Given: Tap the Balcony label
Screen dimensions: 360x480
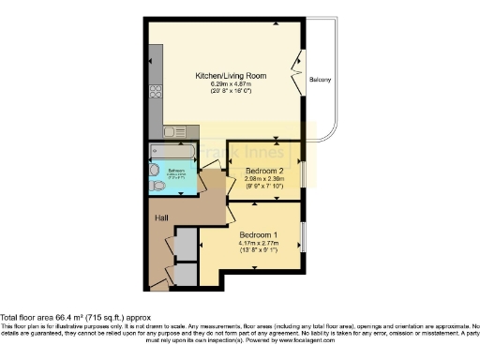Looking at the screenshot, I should click(x=321, y=81).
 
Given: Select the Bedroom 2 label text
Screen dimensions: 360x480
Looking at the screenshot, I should click(x=263, y=172).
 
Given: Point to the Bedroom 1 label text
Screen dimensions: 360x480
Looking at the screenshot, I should click(x=258, y=233).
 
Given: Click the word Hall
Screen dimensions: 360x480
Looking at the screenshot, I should click(x=161, y=218).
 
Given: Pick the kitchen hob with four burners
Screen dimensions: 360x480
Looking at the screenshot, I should click(x=155, y=94).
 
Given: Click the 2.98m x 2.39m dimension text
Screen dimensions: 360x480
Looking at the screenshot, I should click(x=263, y=179).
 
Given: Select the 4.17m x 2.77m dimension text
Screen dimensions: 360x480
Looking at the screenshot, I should click(x=258, y=242).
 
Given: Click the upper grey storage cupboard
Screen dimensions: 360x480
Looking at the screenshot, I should click(x=186, y=244).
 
